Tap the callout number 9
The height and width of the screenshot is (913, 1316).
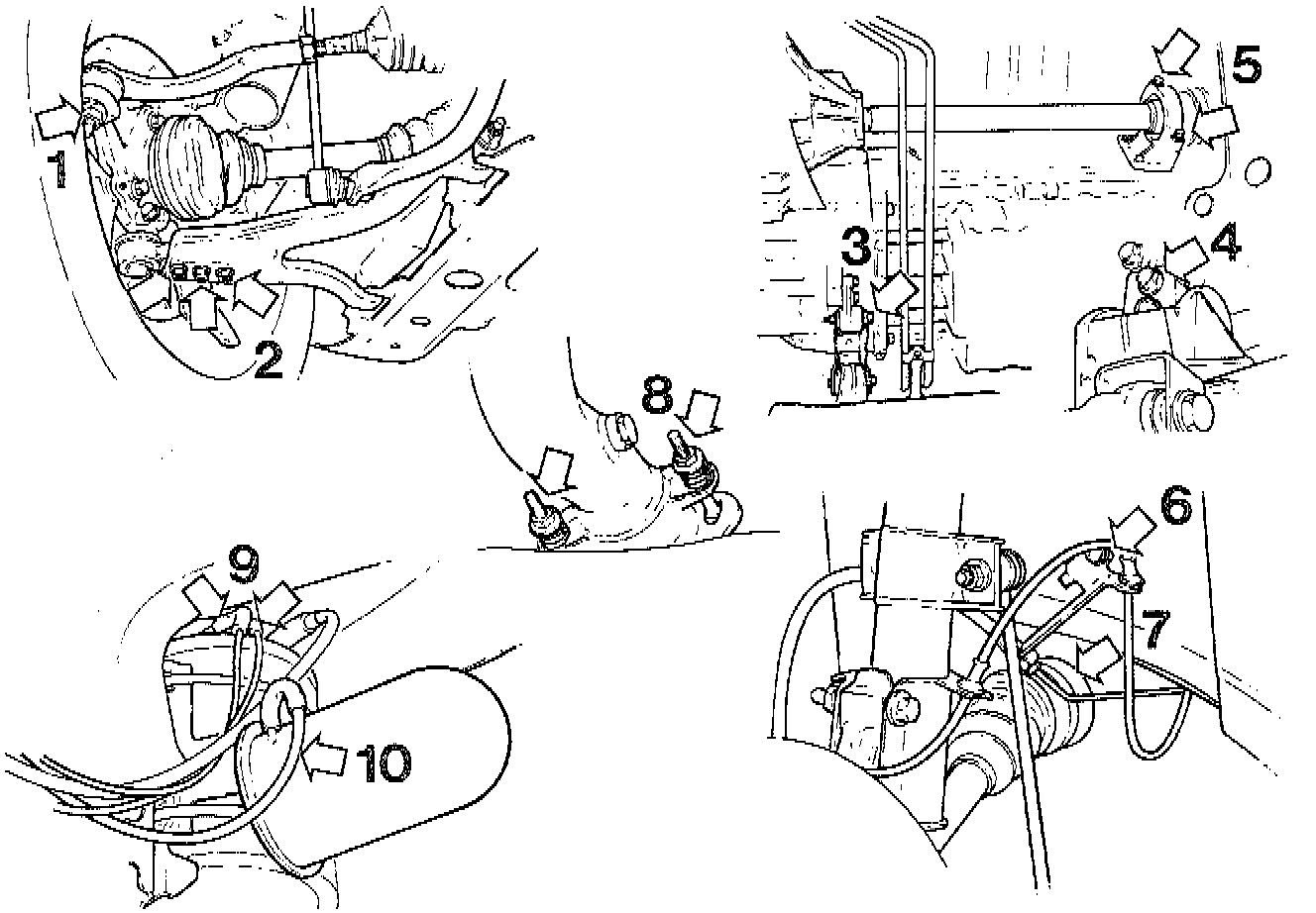[244, 565]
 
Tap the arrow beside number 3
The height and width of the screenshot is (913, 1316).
[894, 290]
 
